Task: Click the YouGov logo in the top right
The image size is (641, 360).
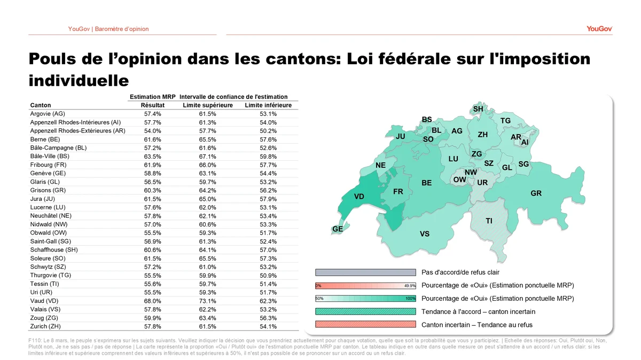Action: pyautogui.click(x=599, y=29)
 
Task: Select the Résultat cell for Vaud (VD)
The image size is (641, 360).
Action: pyautogui.click(x=152, y=301)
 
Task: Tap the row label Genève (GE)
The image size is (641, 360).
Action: pyautogui.click(x=48, y=174)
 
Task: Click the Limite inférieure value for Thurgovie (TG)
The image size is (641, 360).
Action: pyautogui.click(x=268, y=276)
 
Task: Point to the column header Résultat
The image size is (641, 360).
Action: pyautogui.click(x=152, y=105)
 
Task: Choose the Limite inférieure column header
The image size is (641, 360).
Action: pyautogui.click(x=268, y=105)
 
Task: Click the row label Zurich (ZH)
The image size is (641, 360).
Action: pyautogui.click(x=48, y=326)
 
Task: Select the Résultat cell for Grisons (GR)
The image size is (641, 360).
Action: pyautogui.click(x=152, y=191)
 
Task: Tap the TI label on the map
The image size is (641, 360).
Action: pyautogui.click(x=489, y=221)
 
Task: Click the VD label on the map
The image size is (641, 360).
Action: pyautogui.click(x=359, y=197)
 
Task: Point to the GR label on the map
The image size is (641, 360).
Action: pyautogui.click(x=536, y=193)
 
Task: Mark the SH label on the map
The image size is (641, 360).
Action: pyautogui.click(x=478, y=109)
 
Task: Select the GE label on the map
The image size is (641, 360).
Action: pyautogui.click(x=338, y=229)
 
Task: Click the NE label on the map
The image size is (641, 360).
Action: pyautogui.click(x=380, y=166)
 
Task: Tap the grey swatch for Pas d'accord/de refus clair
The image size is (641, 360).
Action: pyautogui.click(x=365, y=272)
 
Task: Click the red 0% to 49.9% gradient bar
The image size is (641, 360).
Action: pyautogui.click(x=365, y=286)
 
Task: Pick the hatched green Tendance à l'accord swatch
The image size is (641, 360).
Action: pyautogui.click(x=365, y=311)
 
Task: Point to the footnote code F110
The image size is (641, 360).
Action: pyautogui.click(x=35, y=341)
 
